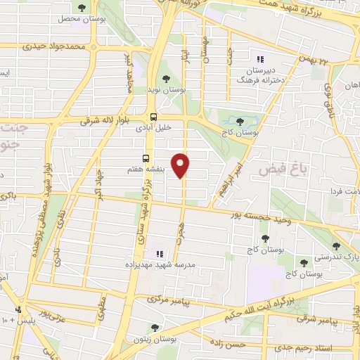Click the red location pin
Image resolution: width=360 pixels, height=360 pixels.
(182, 165)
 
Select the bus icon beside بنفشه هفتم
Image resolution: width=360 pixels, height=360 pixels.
(146, 158)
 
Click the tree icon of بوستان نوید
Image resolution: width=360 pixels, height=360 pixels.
(166, 79)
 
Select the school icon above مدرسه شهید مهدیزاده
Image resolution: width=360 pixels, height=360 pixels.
(159, 253)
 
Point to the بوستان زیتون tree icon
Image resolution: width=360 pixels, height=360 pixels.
(155, 327)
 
